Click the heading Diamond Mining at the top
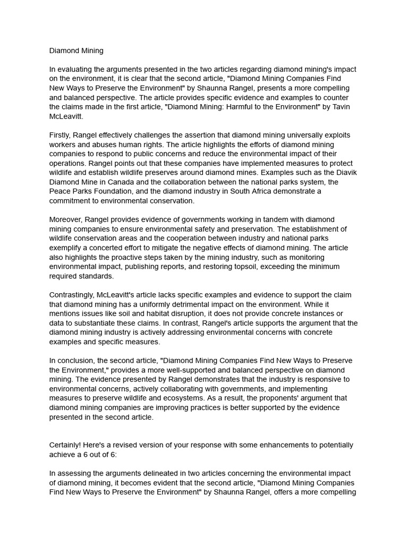pyautogui.click(x=76, y=51)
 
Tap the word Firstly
pyautogui.click(x=61, y=135)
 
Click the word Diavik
pyautogui.click(x=345, y=173)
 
